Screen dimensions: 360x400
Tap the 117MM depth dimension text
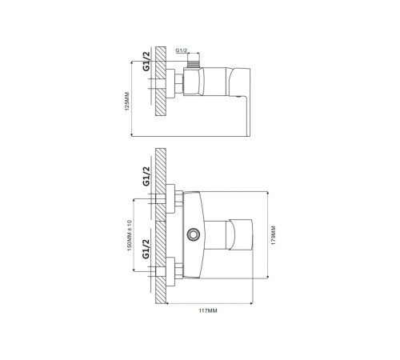coord(206,310)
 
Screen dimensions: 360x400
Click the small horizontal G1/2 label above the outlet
coord(182,50)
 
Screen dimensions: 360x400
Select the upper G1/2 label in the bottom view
coord(146,178)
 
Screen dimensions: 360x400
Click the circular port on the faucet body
coord(193,234)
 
